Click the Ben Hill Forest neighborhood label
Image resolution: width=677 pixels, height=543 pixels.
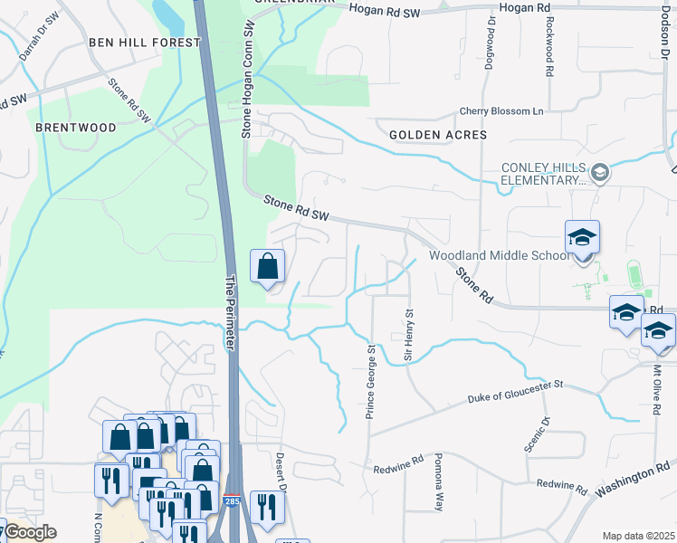pos(145,43)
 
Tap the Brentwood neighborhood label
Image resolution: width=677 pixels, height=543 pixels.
pos(76,128)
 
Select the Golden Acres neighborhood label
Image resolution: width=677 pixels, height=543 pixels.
pos(438,134)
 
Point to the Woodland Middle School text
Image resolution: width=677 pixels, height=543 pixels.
pos(500,255)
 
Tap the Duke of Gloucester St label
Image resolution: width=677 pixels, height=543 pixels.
pos(516,391)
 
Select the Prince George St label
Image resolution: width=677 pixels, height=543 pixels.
pos(369,381)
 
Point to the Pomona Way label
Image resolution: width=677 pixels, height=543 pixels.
pos(439,482)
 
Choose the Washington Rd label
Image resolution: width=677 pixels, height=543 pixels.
pos(636,482)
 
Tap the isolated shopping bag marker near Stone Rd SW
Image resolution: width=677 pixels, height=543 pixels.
pos(268,267)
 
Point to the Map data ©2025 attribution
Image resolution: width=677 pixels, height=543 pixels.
pos(638,536)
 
